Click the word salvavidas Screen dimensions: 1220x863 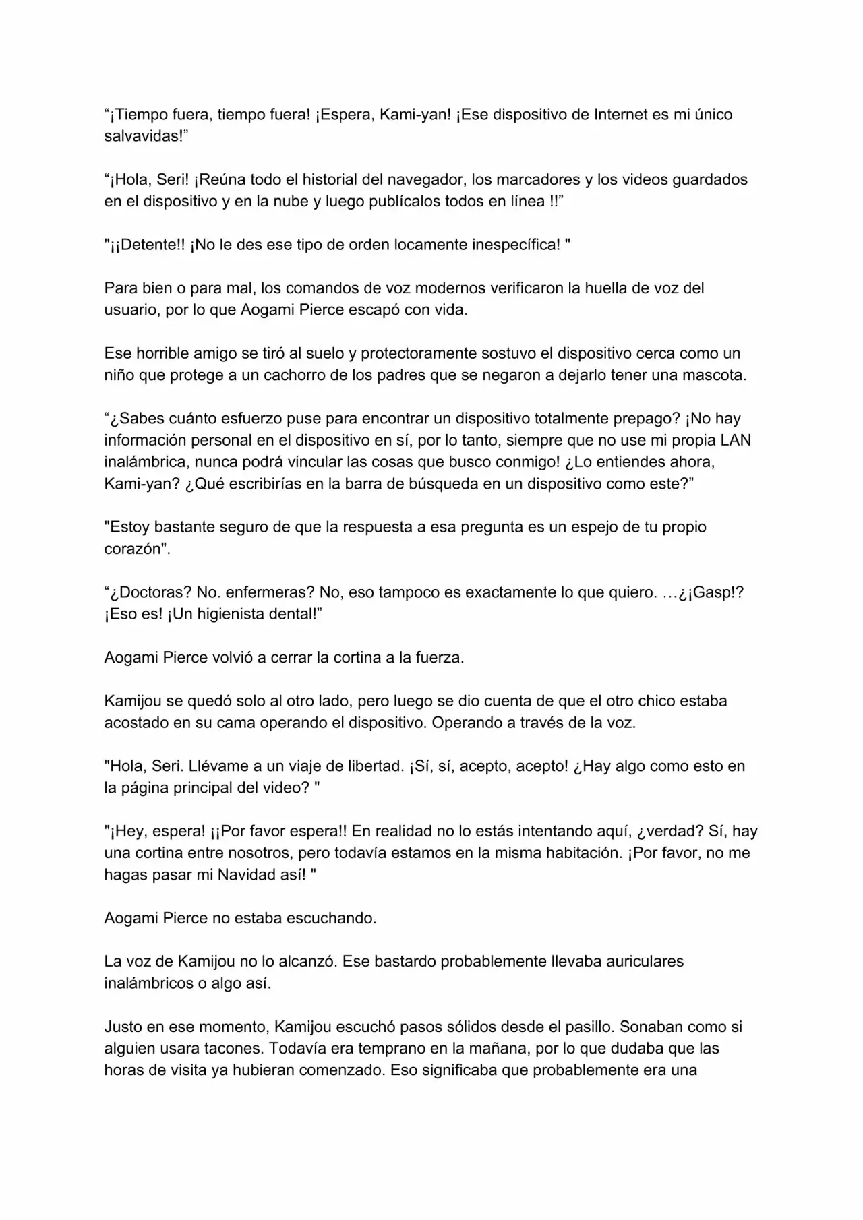pyautogui.click(x=142, y=136)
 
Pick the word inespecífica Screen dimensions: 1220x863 pyautogui.click(x=512, y=245)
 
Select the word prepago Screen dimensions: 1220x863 pyautogui.click(x=646, y=419)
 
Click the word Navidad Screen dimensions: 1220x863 pyautogui.click(x=243, y=875)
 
